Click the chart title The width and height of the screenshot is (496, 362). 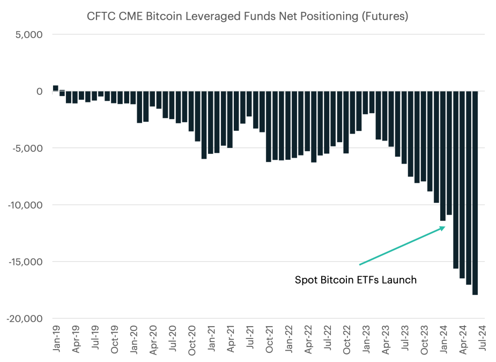247,16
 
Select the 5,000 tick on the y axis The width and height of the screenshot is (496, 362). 29,34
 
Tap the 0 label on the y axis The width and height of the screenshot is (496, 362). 40,92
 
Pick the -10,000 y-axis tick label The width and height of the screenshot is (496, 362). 25,205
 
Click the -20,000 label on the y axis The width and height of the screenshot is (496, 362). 25,319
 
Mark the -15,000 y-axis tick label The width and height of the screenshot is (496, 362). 25,262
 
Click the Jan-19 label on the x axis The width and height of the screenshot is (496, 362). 56,338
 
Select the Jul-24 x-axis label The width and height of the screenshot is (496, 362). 482,338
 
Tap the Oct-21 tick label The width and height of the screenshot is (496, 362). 269,339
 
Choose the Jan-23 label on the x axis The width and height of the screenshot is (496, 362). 366,339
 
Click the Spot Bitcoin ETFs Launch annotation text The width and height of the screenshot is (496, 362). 356,280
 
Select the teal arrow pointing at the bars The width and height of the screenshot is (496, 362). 402,246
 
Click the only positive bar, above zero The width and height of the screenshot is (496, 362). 56,88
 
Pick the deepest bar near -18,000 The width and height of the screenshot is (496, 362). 475,193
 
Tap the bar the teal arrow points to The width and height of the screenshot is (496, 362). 443,156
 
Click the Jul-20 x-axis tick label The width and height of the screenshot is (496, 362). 173,338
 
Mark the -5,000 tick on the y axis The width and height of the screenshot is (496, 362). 27,148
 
